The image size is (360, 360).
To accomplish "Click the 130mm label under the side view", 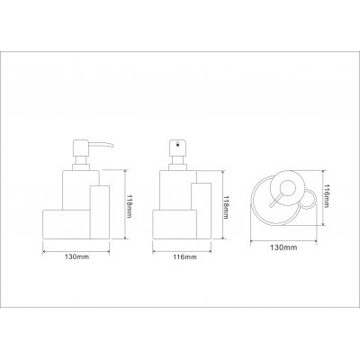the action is [76, 256].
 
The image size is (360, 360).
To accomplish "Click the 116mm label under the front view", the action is [185, 256].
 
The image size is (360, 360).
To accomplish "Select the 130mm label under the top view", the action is [283, 247].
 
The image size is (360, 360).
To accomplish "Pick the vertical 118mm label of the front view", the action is [226, 206].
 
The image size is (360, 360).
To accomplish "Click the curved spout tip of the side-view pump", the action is [112, 146].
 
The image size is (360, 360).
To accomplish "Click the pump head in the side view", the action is [81, 148].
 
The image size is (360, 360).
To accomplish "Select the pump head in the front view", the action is [177, 148].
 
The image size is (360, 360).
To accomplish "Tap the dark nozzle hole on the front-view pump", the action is [177, 144].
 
